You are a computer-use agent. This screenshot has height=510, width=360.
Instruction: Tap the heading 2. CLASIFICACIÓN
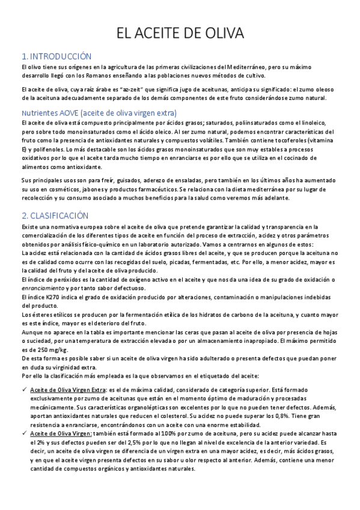point(55,215)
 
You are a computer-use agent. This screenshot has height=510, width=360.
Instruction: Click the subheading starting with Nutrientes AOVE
point(99,112)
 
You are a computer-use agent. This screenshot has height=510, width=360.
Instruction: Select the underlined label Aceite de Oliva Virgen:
point(61,432)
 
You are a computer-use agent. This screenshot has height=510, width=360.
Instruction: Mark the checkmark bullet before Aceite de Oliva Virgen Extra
point(23,390)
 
